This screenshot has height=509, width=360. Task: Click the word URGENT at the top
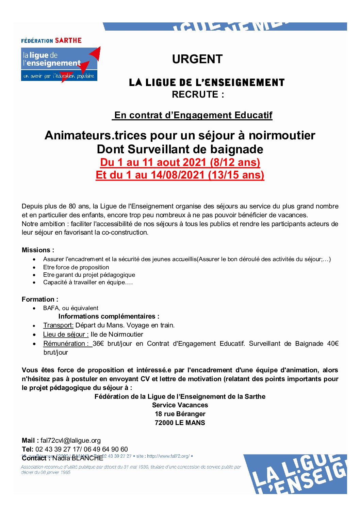(197, 59)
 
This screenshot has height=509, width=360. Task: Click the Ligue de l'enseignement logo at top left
(60, 64)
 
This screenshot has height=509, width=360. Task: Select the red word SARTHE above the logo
(68, 40)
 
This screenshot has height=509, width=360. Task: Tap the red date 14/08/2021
(178, 175)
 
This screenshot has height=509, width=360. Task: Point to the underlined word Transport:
(58, 325)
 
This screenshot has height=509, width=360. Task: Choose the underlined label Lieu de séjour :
(66, 334)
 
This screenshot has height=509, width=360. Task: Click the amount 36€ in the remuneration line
(98, 343)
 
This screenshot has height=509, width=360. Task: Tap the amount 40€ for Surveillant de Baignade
(332, 343)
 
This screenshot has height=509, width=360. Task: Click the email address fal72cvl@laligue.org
(70, 440)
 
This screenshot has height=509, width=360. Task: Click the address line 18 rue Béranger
(180, 414)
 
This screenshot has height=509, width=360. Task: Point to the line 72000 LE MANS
(180, 423)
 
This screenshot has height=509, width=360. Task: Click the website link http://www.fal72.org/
(168, 456)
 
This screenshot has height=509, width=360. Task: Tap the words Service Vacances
(180, 405)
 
